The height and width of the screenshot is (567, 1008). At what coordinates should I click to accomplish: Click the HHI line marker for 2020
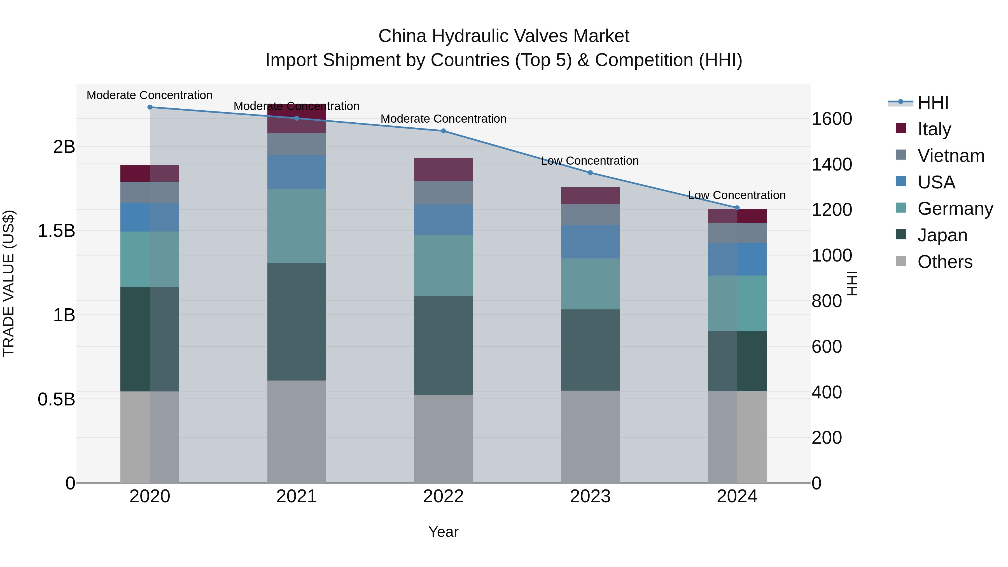click(x=150, y=107)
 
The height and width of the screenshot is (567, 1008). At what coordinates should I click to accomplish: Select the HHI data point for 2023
click(x=590, y=172)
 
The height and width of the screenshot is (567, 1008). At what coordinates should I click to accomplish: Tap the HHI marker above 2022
click(x=443, y=131)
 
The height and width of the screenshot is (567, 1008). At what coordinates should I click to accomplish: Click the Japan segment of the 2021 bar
click(x=296, y=322)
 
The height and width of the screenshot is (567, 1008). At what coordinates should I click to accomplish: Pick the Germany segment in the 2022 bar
click(x=443, y=265)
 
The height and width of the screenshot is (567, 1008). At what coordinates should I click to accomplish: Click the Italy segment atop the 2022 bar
click(x=443, y=169)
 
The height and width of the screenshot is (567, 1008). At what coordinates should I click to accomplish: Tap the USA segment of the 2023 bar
click(x=590, y=242)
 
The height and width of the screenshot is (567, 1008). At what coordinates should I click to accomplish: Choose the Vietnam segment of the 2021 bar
click(x=296, y=144)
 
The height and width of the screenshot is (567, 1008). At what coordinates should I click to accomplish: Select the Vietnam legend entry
click(x=951, y=156)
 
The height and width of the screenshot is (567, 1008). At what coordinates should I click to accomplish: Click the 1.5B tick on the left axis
click(x=56, y=231)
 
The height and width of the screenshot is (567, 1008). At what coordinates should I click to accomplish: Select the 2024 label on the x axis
click(x=737, y=496)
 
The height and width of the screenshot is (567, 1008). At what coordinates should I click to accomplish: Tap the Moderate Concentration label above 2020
click(x=150, y=95)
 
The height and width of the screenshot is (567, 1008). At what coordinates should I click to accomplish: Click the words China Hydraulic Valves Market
click(x=504, y=36)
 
